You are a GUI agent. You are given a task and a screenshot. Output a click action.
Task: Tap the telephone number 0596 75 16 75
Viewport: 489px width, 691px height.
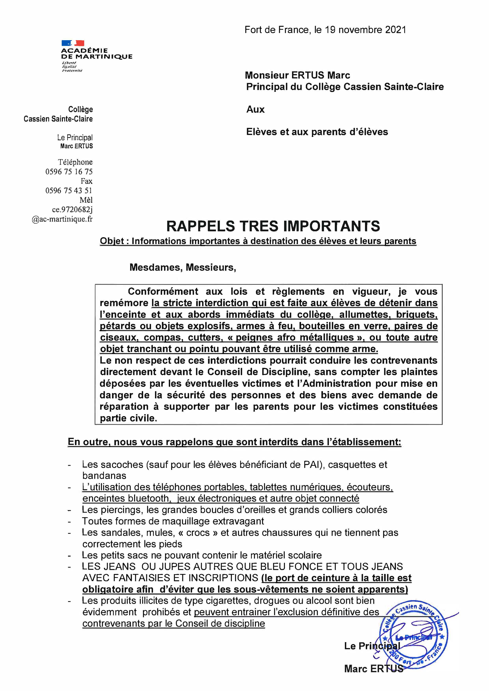pyautogui.click(x=69, y=172)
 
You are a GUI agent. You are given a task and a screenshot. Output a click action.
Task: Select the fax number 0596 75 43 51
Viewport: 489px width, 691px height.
pyautogui.click(x=69, y=191)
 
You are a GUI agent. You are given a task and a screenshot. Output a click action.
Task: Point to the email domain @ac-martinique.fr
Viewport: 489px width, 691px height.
pyautogui.click(x=62, y=219)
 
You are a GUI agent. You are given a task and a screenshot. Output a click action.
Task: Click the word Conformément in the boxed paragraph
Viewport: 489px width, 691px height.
pyautogui.click(x=163, y=291)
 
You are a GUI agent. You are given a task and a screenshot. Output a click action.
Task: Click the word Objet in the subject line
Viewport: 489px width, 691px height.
pyautogui.click(x=112, y=241)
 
